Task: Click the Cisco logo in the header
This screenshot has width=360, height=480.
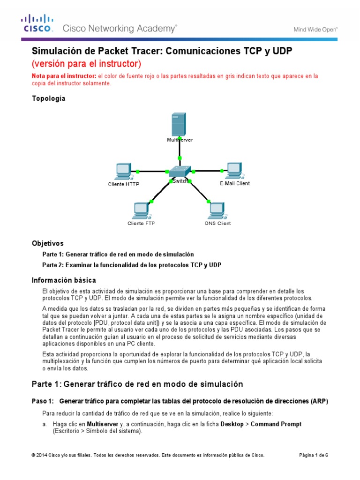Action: pos(37,23)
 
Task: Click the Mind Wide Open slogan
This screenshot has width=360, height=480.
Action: pos(315,29)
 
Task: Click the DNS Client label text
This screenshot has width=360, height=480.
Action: pos(217,224)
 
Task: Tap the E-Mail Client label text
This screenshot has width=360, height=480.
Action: pos(234,184)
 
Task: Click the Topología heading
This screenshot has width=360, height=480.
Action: pos(48,98)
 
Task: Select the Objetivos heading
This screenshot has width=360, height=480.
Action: pos(47,243)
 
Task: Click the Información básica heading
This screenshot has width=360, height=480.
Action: pos(64,280)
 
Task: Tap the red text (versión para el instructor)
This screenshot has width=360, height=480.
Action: pos(86,63)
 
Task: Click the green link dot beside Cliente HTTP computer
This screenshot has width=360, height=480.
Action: pos(138,171)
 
